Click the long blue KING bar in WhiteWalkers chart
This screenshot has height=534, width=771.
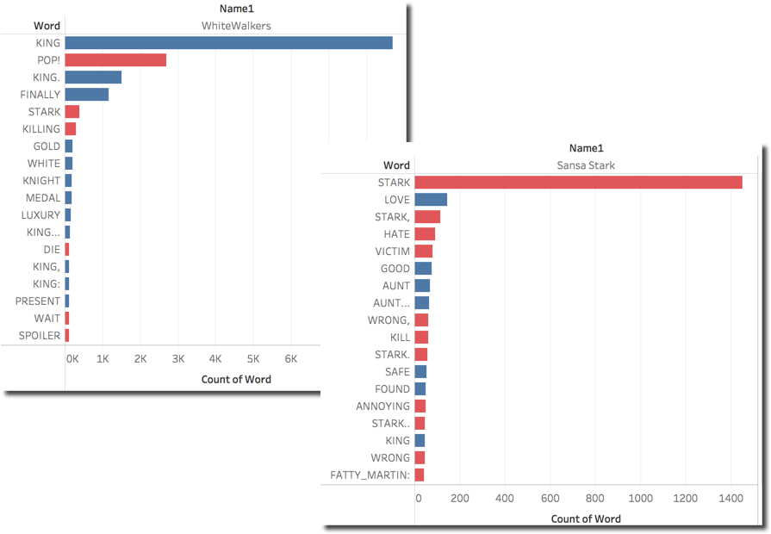coord(228,43)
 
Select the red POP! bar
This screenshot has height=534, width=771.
coord(115,60)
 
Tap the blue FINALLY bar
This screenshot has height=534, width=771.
coord(86,95)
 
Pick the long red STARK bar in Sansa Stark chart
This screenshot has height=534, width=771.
coord(577,183)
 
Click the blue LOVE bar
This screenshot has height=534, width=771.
coord(431,200)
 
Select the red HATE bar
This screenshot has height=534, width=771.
coord(425,234)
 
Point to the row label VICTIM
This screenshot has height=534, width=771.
coord(393,251)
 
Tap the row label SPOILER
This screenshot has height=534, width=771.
coord(40,336)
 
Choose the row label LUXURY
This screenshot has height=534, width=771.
coord(41,215)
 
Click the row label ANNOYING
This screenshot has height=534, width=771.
coord(383,407)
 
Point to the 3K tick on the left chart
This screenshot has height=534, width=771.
coord(178,358)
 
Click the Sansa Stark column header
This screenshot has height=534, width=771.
coord(585,165)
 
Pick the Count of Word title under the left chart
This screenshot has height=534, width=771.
coord(236,379)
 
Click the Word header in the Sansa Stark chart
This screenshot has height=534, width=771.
coord(396,165)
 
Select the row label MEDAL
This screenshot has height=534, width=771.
coord(43,198)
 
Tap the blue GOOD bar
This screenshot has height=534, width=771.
coord(423,269)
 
